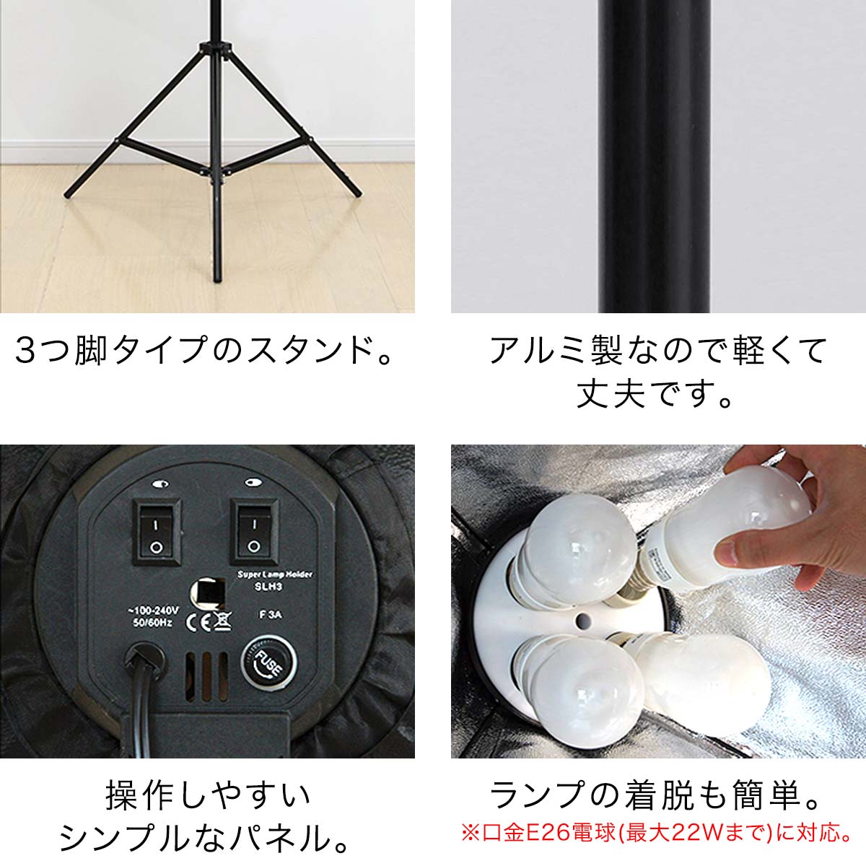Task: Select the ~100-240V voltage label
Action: point(153,611)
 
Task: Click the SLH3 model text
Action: point(268,587)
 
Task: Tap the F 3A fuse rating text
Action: point(270,614)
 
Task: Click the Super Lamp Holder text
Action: point(275,574)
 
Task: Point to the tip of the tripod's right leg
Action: point(358,193)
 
